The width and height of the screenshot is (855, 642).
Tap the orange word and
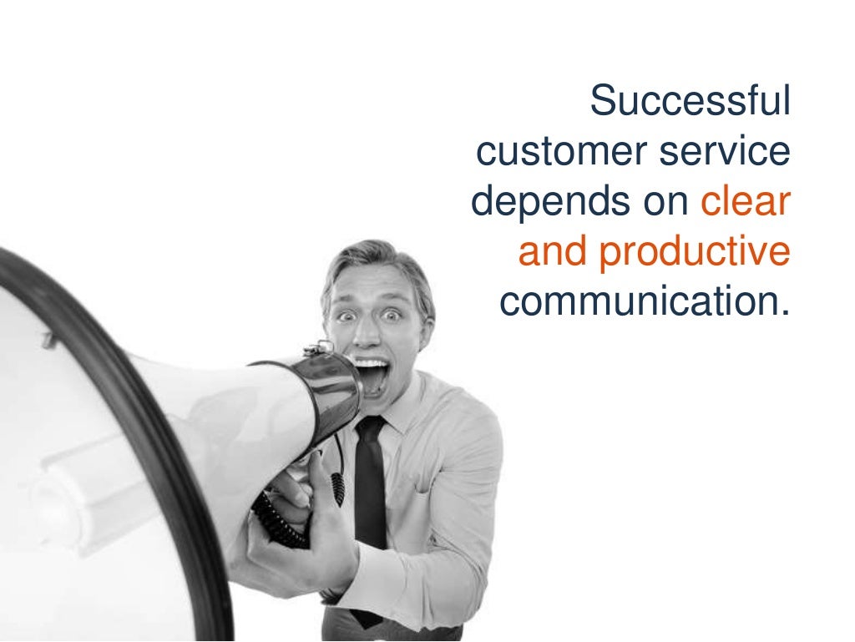(x=552, y=252)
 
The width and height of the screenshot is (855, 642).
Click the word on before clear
(x=668, y=204)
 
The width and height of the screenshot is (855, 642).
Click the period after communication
(x=784, y=313)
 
